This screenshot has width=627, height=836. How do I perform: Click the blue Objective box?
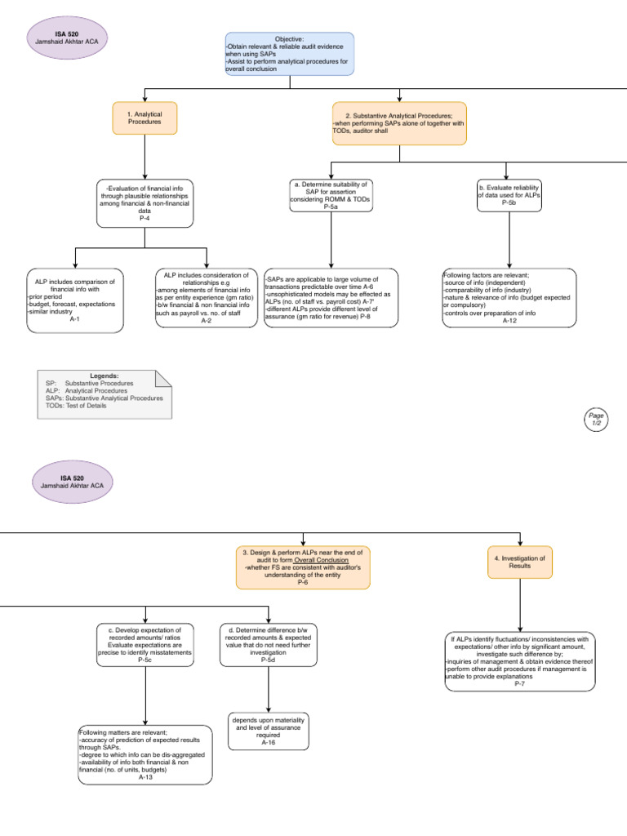pos(289,54)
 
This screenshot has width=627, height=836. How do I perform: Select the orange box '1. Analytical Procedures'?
pos(144,118)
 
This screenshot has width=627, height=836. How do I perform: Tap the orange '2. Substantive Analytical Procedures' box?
pos(399,122)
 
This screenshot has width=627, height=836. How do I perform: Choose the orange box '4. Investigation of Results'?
pos(520,562)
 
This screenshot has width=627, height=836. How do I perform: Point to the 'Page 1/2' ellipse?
pos(595,419)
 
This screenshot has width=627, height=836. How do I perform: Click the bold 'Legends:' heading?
pos(104,375)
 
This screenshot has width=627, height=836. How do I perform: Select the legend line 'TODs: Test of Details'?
pos(76,406)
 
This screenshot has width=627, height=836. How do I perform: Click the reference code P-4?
pos(144,218)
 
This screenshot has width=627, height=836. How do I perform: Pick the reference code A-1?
pos(75,319)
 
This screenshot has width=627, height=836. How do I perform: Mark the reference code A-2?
pos(207,321)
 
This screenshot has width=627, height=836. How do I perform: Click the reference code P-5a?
pos(330,207)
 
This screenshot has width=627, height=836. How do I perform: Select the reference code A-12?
pos(509,321)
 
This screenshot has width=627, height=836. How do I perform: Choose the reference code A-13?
pos(145,777)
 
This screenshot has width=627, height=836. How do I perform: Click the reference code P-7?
pos(520,683)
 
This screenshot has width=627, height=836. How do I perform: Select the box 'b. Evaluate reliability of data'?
pos(509,194)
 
